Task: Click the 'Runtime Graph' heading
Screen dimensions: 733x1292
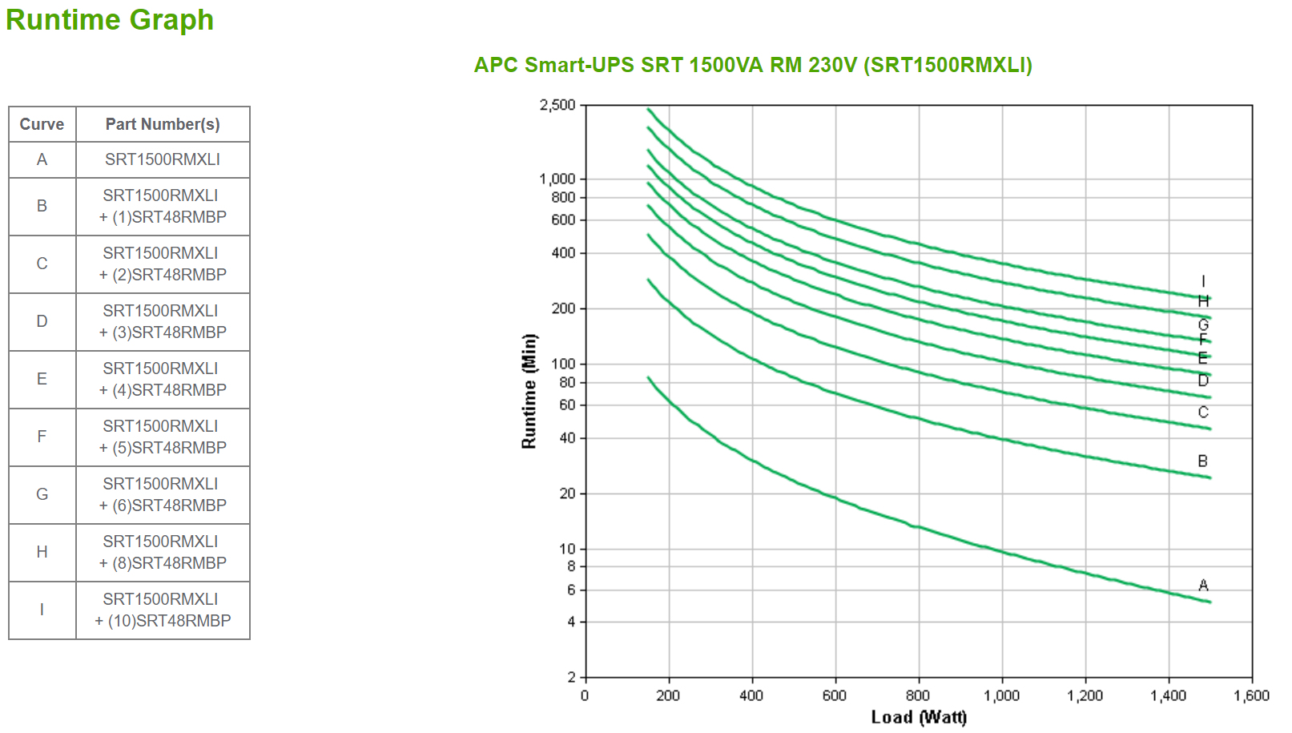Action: (110, 20)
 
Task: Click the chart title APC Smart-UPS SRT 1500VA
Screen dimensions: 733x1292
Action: (753, 65)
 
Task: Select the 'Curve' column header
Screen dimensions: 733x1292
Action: (42, 124)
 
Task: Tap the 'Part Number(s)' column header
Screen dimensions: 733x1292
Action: (163, 124)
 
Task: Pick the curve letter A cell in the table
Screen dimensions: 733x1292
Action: (42, 159)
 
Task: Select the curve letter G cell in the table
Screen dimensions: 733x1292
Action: (42, 494)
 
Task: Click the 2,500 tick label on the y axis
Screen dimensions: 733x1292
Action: (557, 105)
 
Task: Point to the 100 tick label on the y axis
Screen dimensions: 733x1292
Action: (563, 364)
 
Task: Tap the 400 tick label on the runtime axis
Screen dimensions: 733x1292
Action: (563, 253)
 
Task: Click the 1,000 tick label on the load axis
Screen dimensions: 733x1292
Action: (1001, 695)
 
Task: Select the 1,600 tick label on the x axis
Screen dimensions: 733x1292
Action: (1251, 695)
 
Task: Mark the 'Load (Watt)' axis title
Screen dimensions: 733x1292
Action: (919, 717)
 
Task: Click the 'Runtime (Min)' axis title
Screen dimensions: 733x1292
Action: (529, 391)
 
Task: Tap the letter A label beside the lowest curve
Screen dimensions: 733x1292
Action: (1203, 586)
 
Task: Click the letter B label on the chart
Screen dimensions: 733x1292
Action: (1202, 461)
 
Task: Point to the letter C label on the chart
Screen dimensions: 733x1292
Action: (1203, 413)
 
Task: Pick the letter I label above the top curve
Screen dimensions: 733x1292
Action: (1203, 281)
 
